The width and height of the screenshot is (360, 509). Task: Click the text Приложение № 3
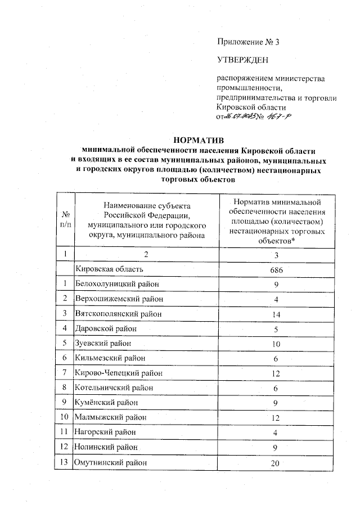[247, 42]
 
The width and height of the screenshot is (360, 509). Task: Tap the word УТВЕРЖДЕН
[243, 59]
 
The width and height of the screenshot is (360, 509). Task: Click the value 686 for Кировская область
[276, 269]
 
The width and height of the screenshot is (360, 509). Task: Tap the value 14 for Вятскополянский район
[276, 314]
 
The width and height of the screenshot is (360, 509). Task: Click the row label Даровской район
[106, 328]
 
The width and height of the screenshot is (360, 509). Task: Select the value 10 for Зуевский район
[276, 343]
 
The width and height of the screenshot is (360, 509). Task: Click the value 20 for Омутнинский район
[276, 463]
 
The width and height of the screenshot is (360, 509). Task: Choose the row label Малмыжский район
[110, 417]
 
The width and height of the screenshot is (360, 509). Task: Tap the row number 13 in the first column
[66, 462]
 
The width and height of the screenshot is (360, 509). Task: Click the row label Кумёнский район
[107, 403]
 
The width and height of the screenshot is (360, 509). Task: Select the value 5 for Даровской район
[276, 328]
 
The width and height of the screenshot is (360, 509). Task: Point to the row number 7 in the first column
[66, 373]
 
